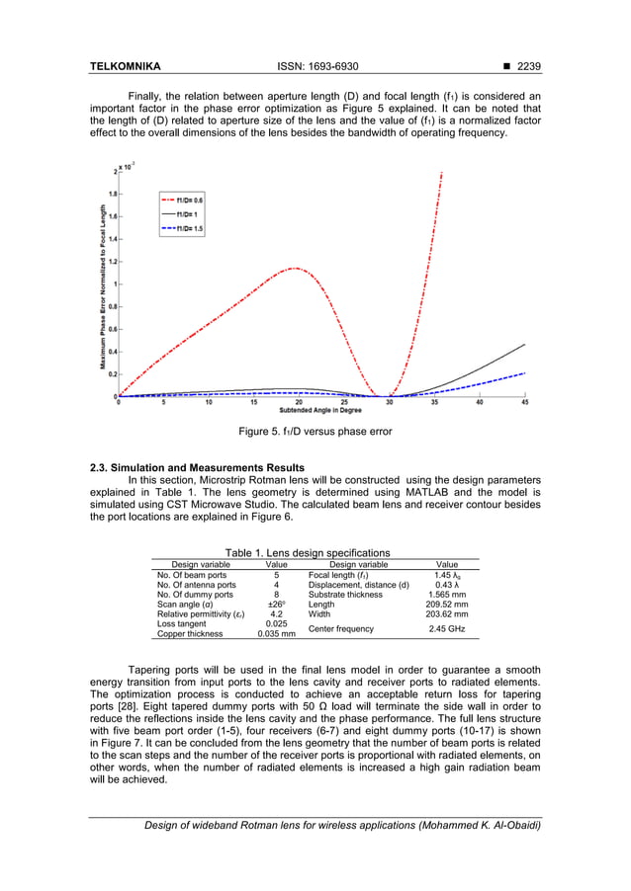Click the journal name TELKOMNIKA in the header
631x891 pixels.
[126, 67]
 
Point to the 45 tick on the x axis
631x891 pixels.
[524, 402]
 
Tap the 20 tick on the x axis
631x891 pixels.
[299, 402]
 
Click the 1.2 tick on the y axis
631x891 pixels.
[113, 262]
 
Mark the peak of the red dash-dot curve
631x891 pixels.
[294, 268]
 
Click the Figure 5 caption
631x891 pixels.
[315, 432]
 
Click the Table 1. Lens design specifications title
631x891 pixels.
[308, 553]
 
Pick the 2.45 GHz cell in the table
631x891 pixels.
[446, 628]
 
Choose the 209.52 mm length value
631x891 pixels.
[446, 604]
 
